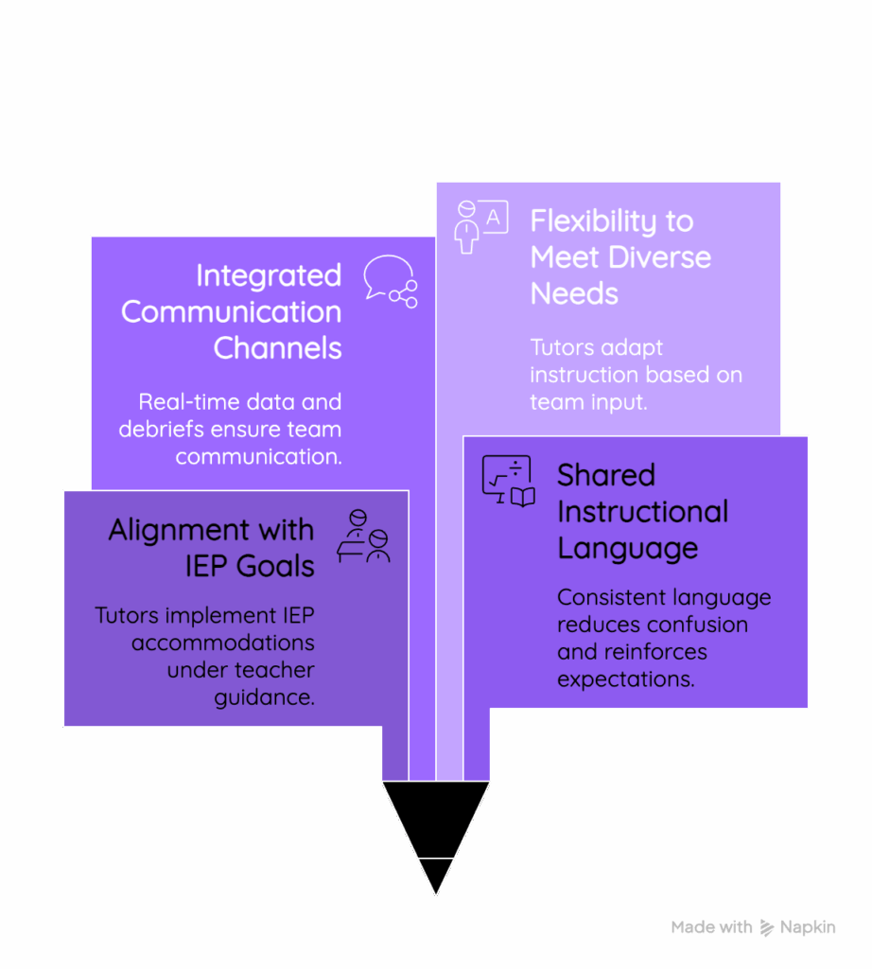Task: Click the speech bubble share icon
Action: coord(391,281)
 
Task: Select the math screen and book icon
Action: coord(508,481)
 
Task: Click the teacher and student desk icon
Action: coord(364,536)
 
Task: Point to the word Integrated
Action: coord(269,275)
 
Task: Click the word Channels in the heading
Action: coord(277,348)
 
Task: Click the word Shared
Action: coord(606,475)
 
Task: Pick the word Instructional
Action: coord(643,512)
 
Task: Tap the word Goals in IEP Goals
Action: coord(275,566)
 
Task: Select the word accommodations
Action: coord(223,643)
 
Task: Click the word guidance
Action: coord(264,697)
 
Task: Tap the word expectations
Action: coord(625,679)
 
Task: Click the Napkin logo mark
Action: coord(766,927)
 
